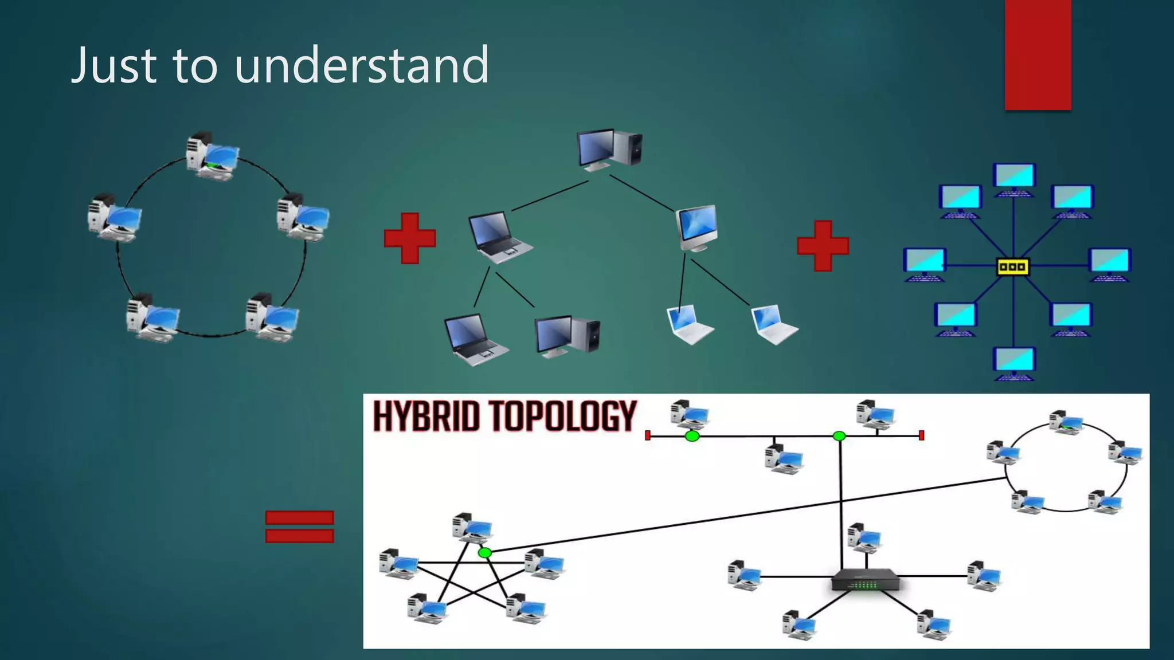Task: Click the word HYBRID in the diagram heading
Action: pyautogui.click(x=425, y=417)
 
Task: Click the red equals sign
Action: pyautogui.click(x=299, y=527)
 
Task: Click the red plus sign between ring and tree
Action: pyautogui.click(x=410, y=238)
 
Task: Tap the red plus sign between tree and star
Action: pyautogui.click(x=823, y=246)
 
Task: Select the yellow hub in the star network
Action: pyautogui.click(x=1013, y=266)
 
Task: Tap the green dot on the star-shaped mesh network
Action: pyautogui.click(x=485, y=553)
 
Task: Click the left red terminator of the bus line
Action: pyautogui.click(x=648, y=435)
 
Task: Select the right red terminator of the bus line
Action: pyautogui.click(x=921, y=435)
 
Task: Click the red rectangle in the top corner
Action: pyautogui.click(x=1038, y=54)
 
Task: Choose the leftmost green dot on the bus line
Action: pyautogui.click(x=692, y=437)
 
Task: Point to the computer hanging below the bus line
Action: pyautogui.click(x=784, y=458)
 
